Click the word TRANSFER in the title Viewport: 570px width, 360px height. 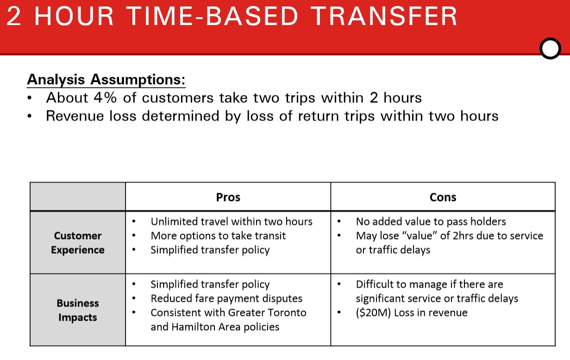384,16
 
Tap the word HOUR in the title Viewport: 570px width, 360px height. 74,16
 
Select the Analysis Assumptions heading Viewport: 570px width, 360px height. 106,79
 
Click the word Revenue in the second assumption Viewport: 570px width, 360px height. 75,116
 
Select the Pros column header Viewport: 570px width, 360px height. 228,197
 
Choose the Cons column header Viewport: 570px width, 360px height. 443,197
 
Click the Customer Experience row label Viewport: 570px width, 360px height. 78,243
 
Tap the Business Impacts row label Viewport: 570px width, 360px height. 78,310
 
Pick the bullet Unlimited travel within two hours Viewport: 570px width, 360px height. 232,221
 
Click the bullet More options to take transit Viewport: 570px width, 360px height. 218,236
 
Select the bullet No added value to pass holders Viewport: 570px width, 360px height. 431,221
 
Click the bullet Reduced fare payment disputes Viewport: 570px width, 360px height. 226,298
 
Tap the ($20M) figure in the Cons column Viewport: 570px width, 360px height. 373,313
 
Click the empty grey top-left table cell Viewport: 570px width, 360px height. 78,196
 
